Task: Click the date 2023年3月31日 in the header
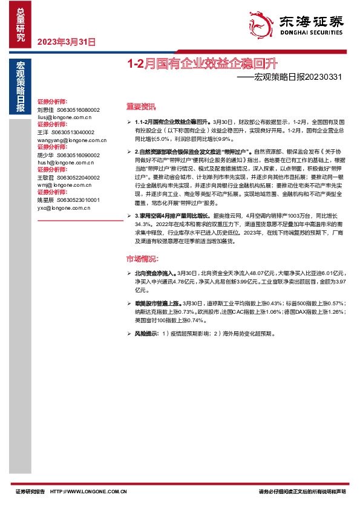click(67, 42)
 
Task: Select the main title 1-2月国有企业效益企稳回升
click(201, 63)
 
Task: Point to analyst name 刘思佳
click(45, 109)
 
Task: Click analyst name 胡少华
click(45, 155)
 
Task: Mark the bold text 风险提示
click(147, 333)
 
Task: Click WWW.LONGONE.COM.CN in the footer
click(97, 493)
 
